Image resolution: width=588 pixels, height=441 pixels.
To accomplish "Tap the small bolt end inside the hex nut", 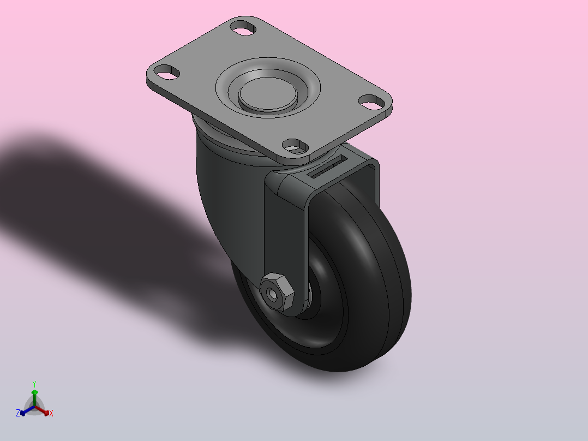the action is click(x=273, y=295).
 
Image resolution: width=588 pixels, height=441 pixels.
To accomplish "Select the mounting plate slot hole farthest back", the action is click(x=243, y=28).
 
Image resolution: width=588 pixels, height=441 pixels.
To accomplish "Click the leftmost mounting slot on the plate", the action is click(x=167, y=72).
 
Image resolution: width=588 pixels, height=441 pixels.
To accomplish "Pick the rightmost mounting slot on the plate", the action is click(x=372, y=102).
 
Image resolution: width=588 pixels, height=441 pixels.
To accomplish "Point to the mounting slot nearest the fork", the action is click(x=295, y=146).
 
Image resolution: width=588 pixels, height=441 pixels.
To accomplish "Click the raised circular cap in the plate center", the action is click(x=268, y=94).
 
